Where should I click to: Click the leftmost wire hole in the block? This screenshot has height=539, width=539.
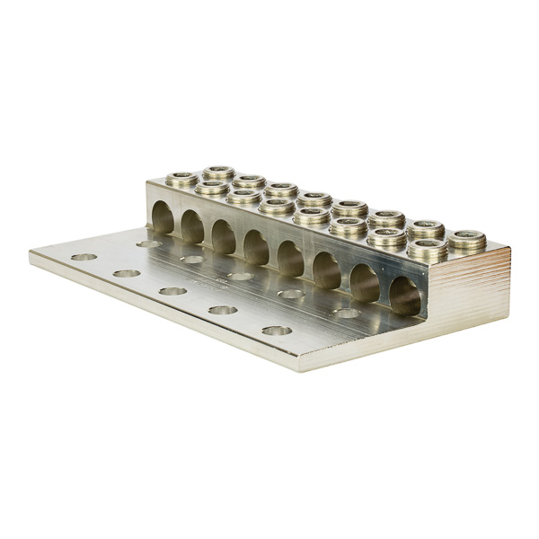coord(163,217)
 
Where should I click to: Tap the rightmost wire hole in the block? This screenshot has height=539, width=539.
coord(404,296)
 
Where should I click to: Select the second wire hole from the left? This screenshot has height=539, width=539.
coord(193,227)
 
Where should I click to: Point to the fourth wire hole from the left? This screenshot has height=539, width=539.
coord(256,248)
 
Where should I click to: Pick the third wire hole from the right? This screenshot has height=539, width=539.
coord(326,270)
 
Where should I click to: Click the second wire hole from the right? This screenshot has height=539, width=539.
coord(364,283)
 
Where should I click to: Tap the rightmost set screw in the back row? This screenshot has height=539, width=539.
coord(467,240)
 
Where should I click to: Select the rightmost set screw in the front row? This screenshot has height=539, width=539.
coord(428,249)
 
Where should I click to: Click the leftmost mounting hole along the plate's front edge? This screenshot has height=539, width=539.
coord(84,257)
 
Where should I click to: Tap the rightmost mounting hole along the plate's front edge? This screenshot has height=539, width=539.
coord(277,331)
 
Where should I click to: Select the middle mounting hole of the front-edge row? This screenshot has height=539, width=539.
coord(172,291)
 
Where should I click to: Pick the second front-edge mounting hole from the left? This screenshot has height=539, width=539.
coord(126,273)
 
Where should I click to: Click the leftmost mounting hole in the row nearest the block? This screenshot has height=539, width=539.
coord(148,243)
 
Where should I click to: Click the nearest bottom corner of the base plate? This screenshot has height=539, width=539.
coord(297,368)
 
